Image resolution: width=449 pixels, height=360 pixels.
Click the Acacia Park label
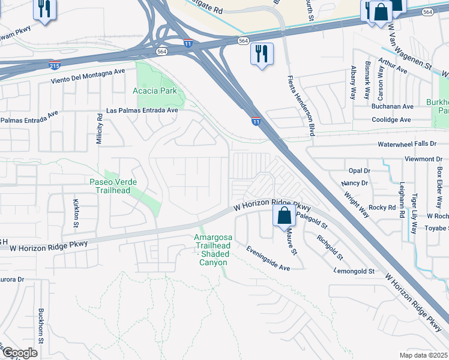point(154,91)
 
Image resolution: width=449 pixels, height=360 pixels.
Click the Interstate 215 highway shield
point(53,63)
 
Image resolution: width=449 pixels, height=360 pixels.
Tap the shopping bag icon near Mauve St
point(285,215)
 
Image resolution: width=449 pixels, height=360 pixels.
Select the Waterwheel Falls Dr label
point(410,144)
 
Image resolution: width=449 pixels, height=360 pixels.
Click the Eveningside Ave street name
point(268,257)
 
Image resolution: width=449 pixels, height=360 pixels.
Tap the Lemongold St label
point(354,271)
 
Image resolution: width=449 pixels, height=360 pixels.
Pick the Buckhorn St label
point(41,325)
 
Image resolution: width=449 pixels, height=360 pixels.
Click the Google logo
point(20,353)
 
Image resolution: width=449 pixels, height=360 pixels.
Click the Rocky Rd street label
point(381,207)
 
